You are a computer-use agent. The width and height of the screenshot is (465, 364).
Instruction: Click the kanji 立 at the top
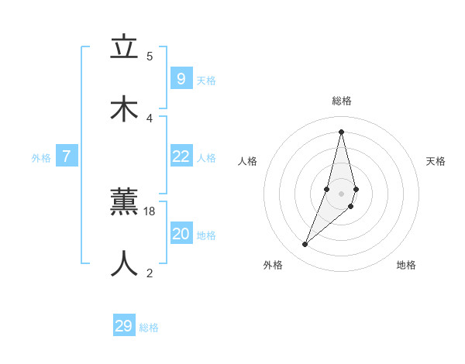pos(123,48)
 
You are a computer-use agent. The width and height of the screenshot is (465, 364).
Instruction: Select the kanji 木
pos(123,109)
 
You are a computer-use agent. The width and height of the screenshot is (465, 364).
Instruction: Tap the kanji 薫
pos(123,203)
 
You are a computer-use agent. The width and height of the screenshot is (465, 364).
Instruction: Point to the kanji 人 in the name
pos(123,263)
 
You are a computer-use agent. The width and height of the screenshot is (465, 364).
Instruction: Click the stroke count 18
pos(150,211)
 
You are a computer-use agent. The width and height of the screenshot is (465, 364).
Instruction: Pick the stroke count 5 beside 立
pos(150,56)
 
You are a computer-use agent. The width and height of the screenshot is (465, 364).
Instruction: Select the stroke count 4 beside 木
pos(150,118)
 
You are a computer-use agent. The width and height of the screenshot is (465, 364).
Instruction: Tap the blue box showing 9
pos(181,78)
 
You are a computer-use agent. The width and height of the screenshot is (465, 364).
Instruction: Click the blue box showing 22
pos(181,156)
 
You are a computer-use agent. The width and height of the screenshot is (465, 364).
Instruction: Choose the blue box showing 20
pos(181,234)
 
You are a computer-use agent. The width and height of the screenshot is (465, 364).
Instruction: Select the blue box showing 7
pos(67,156)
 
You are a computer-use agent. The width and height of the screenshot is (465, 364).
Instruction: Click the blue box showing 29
pos(123,326)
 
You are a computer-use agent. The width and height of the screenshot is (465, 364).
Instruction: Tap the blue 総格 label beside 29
pos(149,328)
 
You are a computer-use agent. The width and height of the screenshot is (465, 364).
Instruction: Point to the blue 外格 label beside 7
pos(41,158)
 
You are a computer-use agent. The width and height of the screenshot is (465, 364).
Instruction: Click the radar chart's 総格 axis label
pos(342,101)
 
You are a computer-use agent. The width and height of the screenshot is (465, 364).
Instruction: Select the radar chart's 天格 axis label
pos(436,161)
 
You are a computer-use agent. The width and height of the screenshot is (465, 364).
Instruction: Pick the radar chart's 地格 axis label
pos(406,265)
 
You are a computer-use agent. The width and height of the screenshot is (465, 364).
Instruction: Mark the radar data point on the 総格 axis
pos(341,132)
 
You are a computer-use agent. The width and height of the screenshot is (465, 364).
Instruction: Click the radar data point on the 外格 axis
pos(305,245)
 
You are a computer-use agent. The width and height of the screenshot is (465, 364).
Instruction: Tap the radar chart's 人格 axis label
pos(247,161)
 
